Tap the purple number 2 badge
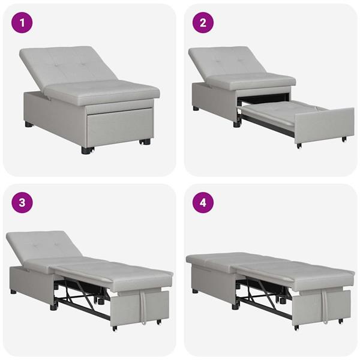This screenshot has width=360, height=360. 203,24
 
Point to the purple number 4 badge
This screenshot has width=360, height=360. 203,202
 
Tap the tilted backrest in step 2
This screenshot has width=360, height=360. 225,60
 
